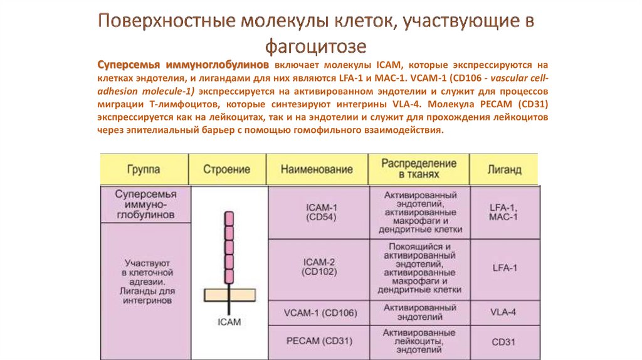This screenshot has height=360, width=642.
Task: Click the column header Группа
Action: click(144, 169)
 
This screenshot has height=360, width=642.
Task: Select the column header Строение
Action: click(226, 169)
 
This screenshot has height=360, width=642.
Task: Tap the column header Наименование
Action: click(317, 169)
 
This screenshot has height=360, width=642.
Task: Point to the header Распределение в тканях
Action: click(419, 169)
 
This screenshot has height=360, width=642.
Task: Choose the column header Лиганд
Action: click(505, 169)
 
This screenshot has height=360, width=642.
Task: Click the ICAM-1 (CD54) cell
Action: click(321, 212)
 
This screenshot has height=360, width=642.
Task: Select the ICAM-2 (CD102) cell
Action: click(319, 267)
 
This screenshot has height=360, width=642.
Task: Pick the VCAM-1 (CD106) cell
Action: click(320, 313)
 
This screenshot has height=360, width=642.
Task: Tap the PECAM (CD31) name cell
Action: click(319, 341)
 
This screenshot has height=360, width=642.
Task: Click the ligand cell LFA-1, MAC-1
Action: click(503, 212)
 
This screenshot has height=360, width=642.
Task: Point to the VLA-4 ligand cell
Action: click(503, 312)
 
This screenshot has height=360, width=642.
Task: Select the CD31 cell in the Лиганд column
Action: click(503, 342)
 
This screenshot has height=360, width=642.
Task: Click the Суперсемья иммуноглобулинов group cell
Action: click(145, 204)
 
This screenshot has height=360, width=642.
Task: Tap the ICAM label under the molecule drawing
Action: click(229, 322)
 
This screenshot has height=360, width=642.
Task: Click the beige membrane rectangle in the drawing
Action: click(229, 295)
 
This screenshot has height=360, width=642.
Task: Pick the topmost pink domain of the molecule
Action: click(229, 218)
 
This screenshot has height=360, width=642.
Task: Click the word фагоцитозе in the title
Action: click(316, 46)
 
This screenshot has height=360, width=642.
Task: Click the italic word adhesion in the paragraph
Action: click(117, 91)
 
